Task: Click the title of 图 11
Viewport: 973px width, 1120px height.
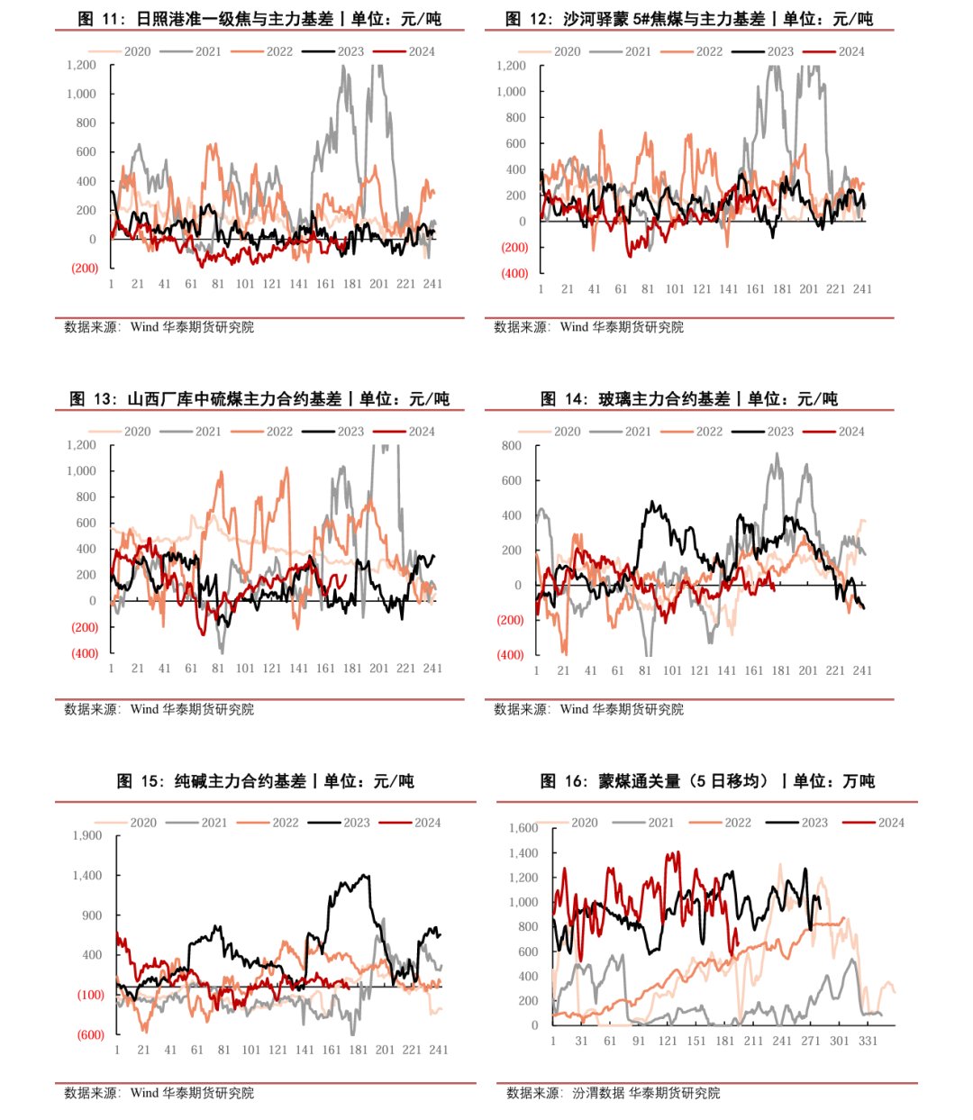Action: click(x=259, y=19)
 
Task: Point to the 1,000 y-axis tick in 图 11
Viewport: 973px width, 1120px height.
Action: click(x=81, y=94)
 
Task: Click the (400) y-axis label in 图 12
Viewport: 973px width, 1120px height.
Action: click(x=514, y=273)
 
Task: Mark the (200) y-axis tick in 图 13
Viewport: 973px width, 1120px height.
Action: click(x=85, y=627)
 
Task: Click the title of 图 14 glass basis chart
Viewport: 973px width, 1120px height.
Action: click(x=689, y=399)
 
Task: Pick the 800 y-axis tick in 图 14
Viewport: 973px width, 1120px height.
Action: click(x=511, y=446)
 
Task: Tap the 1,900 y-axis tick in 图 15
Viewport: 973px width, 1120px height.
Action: click(x=87, y=835)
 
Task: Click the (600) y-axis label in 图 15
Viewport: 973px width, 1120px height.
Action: click(x=90, y=1034)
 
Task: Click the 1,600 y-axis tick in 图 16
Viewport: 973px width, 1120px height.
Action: click(x=523, y=828)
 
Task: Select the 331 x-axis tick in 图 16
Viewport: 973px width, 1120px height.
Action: click(x=868, y=1041)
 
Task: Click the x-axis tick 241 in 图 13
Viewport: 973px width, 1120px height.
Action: click(x=432, y=669)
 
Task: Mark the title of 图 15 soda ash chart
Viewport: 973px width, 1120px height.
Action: click(x=266, y=781)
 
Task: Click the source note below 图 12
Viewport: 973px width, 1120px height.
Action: click(x=588, y=327)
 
